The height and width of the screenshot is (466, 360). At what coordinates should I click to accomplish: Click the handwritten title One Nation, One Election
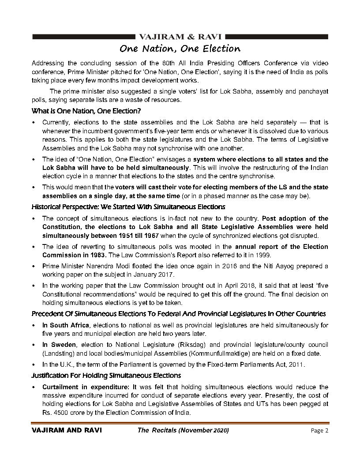point(180,48)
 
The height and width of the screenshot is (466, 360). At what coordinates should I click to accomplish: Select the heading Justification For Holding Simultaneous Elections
point(106,376)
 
